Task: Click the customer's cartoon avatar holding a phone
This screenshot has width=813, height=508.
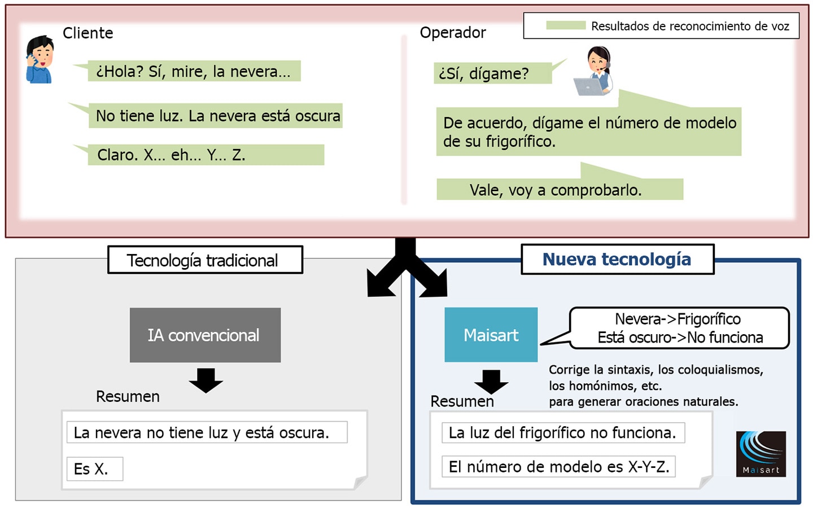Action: (40, 59)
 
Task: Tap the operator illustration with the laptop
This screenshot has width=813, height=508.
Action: (593, 71)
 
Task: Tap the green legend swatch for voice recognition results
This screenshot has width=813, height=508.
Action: (566, 25)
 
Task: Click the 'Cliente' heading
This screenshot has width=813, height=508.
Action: (88, 33)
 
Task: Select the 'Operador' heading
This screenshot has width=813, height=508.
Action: (453, 33)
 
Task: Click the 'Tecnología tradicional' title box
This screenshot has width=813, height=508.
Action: (206, 260)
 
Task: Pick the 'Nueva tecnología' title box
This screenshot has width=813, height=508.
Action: (618, 259)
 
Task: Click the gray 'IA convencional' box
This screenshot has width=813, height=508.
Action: (205, 335)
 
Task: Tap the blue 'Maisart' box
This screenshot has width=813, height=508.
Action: (491, 335)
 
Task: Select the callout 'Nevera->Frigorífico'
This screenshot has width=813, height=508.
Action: (678, 319)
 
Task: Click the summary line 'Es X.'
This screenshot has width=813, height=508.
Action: (95, 469)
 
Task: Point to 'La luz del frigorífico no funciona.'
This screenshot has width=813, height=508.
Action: (563, 432)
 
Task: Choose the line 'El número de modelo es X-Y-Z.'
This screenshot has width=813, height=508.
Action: (558, 467)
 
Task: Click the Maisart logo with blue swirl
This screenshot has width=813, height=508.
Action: (760, 454)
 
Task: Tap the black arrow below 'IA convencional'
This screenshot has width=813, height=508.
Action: (206, 380)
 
